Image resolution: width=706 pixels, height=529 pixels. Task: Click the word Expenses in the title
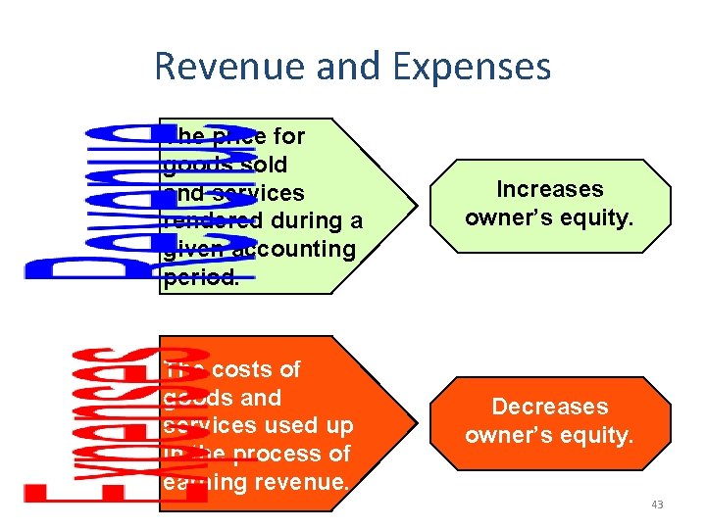(471, 67)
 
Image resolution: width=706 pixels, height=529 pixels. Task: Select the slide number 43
(656, 505)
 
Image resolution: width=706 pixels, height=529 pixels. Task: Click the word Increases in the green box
(549, 189)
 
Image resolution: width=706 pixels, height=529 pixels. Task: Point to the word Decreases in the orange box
(549, 407)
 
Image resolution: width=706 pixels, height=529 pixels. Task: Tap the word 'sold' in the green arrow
(264, 164)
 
